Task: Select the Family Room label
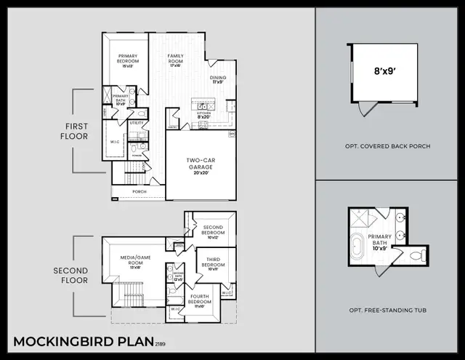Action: point(176,58)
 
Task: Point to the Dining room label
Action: point(217,79)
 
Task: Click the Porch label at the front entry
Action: point(139,192)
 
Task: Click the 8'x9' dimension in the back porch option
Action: point(384,73)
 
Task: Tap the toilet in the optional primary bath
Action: point(415,255)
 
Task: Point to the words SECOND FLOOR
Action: point(71,275)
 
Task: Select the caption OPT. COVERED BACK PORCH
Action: point(387,146)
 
